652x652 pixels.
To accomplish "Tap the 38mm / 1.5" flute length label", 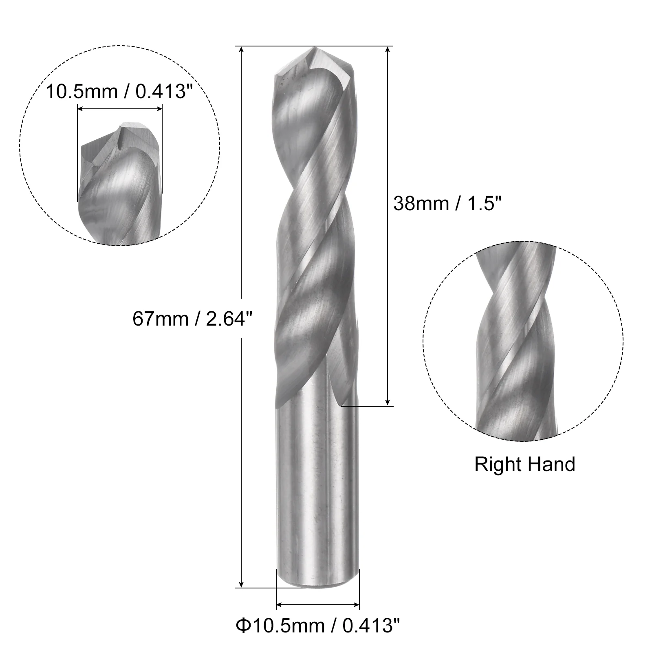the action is [447, 203].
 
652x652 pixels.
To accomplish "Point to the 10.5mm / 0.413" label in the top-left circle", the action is [119, 92].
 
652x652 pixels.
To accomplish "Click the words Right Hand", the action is [524, 465].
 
